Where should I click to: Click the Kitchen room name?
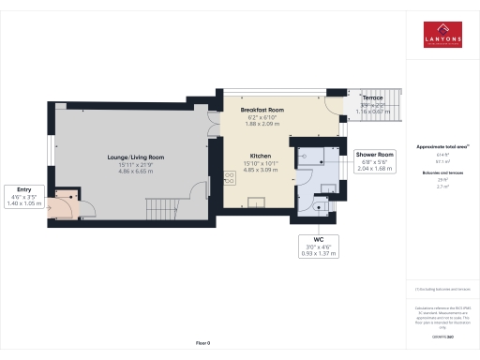[x=260, y=156]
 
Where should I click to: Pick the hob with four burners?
[x=228, y=178]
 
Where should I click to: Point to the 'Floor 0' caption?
[x=202, y=344]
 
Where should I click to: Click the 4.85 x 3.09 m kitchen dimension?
[x=260, y=170]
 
